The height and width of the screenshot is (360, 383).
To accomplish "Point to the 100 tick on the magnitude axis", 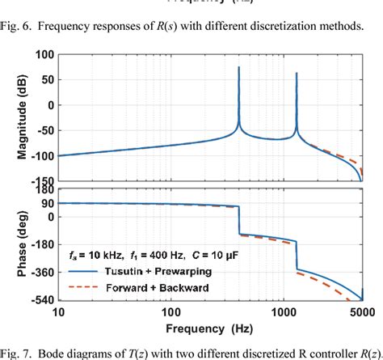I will [41, 54].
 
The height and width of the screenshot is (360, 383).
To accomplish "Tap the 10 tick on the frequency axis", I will [58, 312].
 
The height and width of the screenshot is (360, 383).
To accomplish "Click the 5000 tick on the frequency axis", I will [361, 312].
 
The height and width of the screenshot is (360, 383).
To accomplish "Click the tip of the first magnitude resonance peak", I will [239, 67].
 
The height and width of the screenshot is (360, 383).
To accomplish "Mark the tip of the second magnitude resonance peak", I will [297, 74].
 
